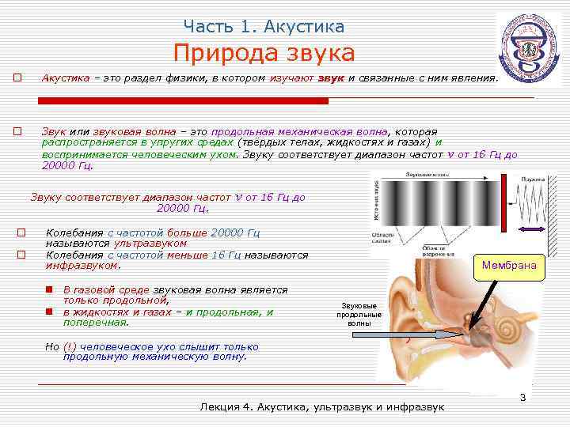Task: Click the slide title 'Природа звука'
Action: pos(264,54)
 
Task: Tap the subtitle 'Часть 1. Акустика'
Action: pos(264,26)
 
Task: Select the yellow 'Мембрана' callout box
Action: pos(509,266)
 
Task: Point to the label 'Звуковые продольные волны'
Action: pos(358,314)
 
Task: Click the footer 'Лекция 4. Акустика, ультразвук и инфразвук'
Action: pos(323,406)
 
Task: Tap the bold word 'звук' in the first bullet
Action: pos(332,79)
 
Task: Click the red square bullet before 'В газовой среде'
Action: pos(49,291)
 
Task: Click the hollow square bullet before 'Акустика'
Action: pos(17,79)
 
